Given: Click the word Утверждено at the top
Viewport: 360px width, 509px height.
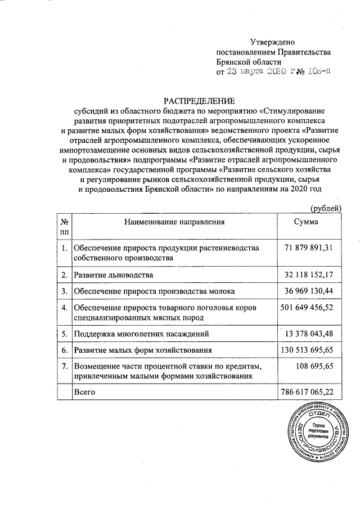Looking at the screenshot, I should click(272, 42).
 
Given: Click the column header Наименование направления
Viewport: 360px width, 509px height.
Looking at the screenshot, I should click(174, 222).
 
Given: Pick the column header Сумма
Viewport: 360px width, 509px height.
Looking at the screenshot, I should click(306, 222).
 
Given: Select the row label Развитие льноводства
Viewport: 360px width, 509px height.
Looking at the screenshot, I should click(113, 275).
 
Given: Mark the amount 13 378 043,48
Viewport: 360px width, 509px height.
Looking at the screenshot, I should click(309, 334).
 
